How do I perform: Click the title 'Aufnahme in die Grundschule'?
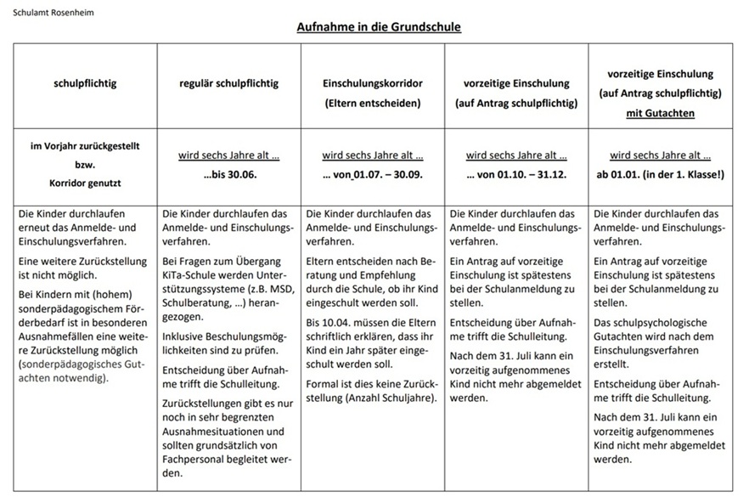pyautogui.click(x=379, y=27)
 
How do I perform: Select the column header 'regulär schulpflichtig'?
pyautogui.click(x=228, y=83)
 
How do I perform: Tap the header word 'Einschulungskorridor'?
pyautogui.click(x=373, y=83)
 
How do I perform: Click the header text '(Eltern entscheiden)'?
pyautogui.click(x=373, y=103)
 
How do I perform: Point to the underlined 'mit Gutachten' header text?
pyautogui.click(x=660, y=111)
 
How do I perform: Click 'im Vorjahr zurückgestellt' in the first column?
pyautogui.click(x=86, y=146)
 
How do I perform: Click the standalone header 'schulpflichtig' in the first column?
pyautogui.click(x=85, y=83)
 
